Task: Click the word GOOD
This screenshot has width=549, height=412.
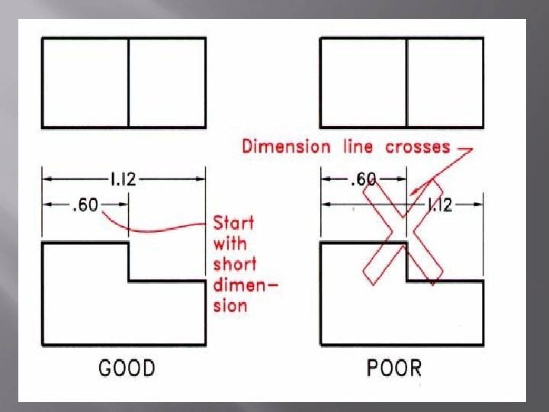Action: point(127,368)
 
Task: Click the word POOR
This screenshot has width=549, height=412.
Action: point(393,368)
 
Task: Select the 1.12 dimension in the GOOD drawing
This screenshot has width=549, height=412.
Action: point(123,179)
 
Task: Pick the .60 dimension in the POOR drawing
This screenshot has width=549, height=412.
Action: point(362,180)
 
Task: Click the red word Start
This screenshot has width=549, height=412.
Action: point(233,223)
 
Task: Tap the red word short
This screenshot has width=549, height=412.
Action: point(235,264)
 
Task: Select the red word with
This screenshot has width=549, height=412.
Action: point(230,243)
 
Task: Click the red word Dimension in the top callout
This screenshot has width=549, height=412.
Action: point(286,146)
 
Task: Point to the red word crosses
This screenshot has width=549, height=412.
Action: point(417,146)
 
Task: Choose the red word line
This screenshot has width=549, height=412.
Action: point(358,146)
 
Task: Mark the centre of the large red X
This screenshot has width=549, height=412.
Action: point(403,233)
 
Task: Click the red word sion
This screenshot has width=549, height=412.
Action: point(230,305)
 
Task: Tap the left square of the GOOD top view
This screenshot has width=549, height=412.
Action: point(85,82)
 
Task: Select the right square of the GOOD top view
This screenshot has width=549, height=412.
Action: point(166,82)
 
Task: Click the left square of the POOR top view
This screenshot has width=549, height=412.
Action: point(363,82)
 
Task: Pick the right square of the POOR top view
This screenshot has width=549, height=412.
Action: point(445,82)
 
